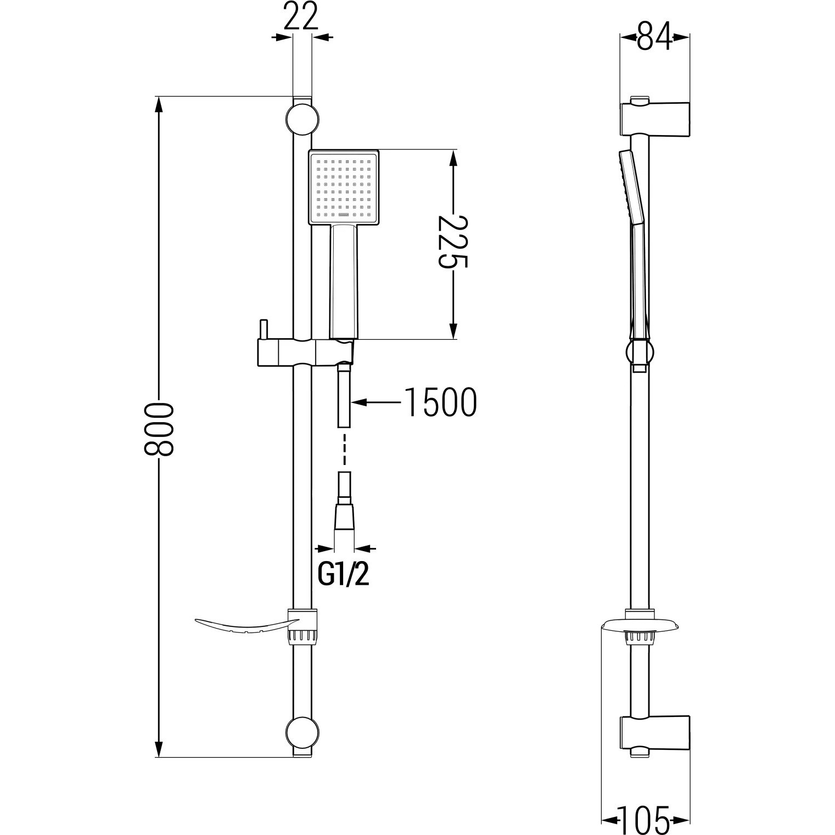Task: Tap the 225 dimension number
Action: click(x=452, y=242)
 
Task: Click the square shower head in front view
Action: click(x=344, y=187)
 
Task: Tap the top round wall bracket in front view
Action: click(x=302, y=119)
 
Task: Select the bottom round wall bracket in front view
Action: click(x=302, y=734)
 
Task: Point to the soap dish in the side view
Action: click(x=640, y=626)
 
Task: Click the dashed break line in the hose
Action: click(x=344, y=449)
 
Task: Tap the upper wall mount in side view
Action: click(x=655, y=117)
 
